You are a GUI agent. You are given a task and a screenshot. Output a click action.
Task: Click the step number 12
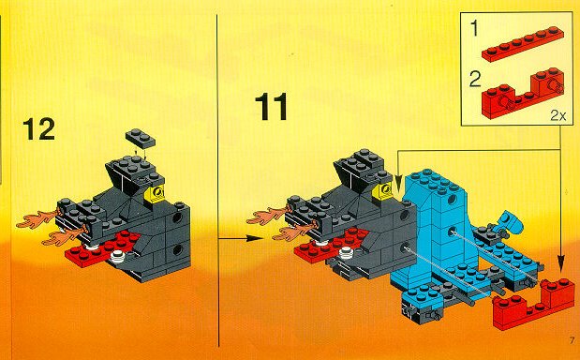click(38, 129)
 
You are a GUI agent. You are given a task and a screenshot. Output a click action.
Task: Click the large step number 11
click(271, 107)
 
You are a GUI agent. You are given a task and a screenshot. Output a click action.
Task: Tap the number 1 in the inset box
click(474, 29)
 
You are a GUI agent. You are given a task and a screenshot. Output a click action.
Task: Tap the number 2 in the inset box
click(475, 79)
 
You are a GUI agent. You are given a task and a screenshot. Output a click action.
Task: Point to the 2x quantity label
click(558, 116)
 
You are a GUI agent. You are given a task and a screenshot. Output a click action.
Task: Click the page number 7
click(573, 340)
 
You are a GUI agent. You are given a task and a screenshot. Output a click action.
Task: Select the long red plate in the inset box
click(523, 44)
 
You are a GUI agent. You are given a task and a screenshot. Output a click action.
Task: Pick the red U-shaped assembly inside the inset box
click(522, 93)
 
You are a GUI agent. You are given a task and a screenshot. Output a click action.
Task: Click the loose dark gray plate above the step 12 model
click(141, 139)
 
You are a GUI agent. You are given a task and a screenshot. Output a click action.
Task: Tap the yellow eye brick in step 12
click(156, 193)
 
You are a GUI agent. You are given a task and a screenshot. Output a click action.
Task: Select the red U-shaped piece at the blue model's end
click(533, 304)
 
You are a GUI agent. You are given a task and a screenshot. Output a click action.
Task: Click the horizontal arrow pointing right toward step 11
click(241, 239)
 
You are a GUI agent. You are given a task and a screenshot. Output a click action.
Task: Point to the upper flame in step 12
click(38, 219)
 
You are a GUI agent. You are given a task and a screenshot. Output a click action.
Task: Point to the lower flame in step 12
click(64, 237)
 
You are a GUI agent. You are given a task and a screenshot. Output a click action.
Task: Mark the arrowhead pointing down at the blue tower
click(398, 184)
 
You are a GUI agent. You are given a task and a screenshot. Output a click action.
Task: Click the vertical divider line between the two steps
click(218, 181)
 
